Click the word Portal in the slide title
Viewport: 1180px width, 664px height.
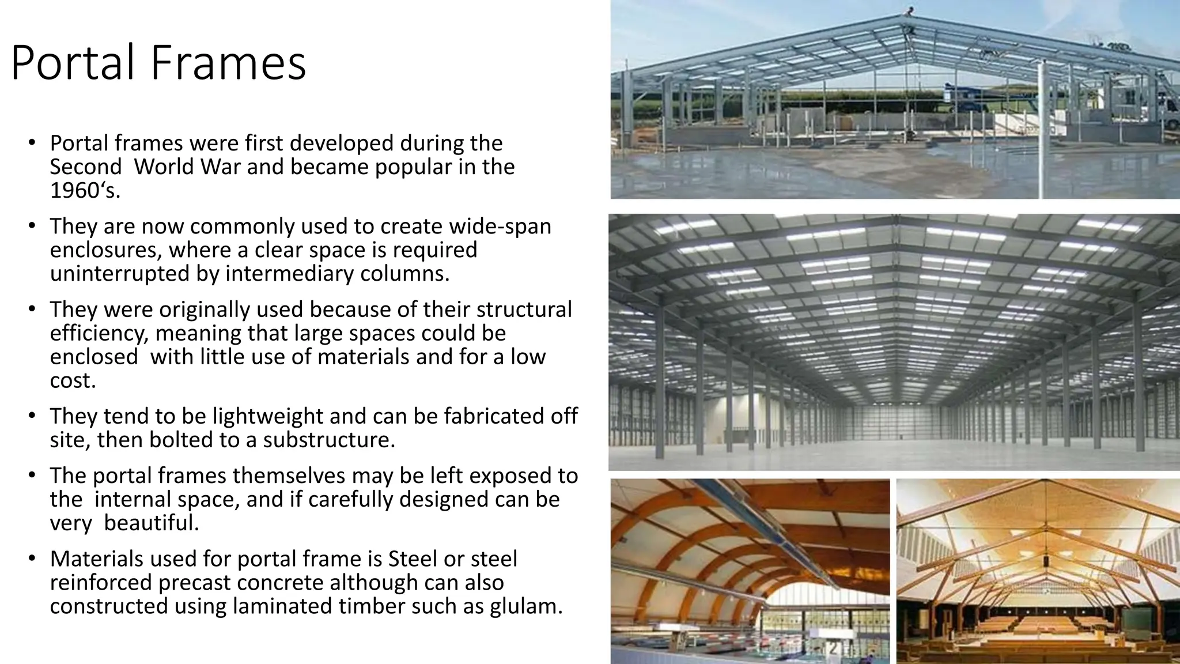75,62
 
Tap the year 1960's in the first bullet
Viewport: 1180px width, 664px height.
85,190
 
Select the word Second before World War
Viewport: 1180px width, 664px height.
85,167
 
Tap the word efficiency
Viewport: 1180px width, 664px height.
99,333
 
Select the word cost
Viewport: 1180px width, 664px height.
73,380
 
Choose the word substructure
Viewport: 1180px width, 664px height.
329,440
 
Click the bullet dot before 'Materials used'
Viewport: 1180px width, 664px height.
32,559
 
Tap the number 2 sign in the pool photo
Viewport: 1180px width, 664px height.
832,649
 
